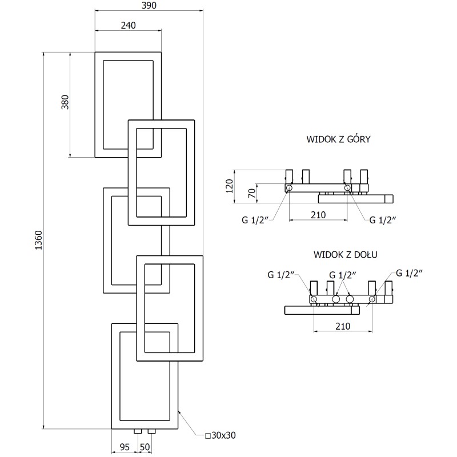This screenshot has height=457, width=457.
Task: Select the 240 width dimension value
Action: point(128,25)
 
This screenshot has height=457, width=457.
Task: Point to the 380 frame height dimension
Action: point(65,103)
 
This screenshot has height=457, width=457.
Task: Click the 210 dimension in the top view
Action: point(318,215)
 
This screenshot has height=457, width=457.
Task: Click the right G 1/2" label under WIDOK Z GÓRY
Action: point(382,219)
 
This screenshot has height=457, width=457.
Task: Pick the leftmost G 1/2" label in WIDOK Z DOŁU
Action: point(280,275)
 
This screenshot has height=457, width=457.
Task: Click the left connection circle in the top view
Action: point(289,187)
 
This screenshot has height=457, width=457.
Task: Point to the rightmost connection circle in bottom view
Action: point(372,299)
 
